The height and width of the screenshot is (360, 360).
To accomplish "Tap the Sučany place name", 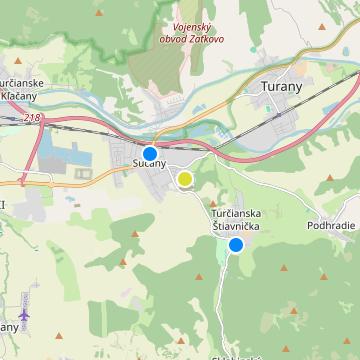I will [149, 165].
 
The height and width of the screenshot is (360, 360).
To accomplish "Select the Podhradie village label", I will [333, 225].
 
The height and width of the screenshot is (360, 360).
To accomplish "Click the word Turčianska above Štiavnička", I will [236, 215].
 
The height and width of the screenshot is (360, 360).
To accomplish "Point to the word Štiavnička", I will [236, 227].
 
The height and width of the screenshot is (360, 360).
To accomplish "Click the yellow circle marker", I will [185, 179].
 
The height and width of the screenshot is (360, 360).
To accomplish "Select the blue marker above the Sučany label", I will [149, 152].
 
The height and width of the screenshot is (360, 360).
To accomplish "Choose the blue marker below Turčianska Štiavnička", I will [236, 244].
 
